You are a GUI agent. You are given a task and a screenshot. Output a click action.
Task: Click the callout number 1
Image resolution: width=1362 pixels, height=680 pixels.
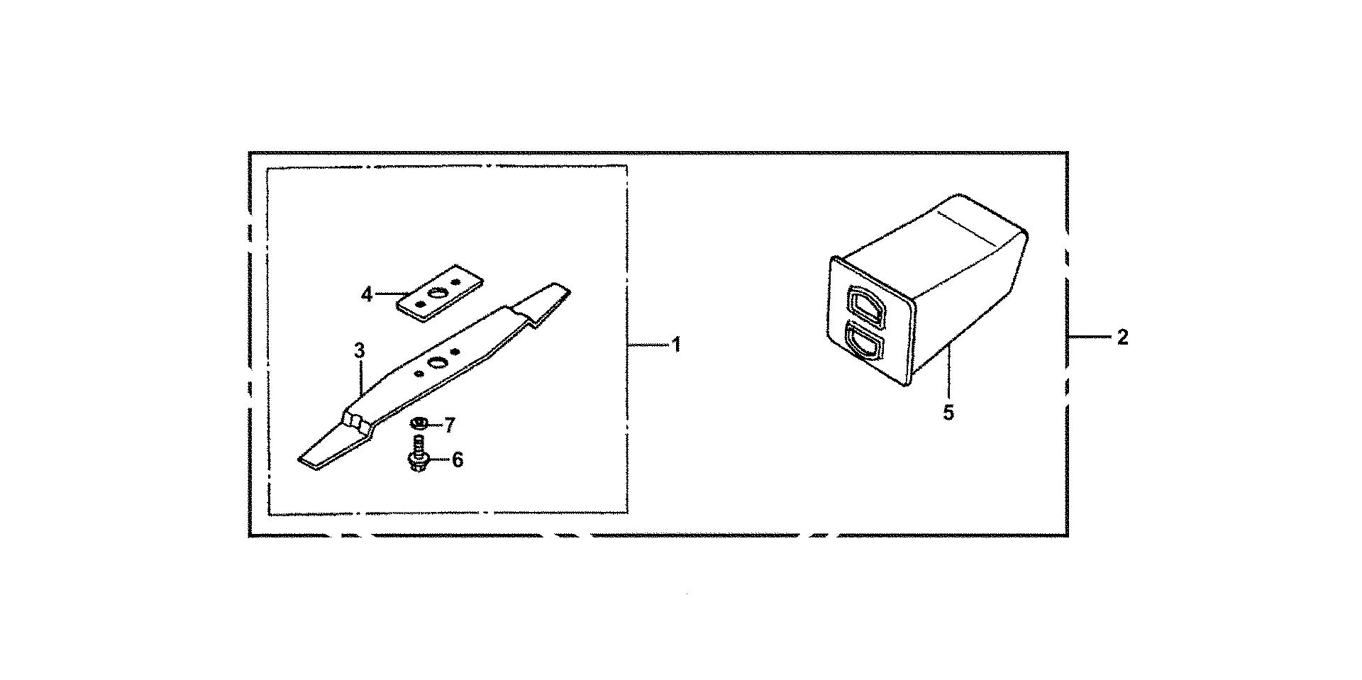[676, 345]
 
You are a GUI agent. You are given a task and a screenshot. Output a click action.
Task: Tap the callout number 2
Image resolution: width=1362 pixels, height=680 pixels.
[1122, 338]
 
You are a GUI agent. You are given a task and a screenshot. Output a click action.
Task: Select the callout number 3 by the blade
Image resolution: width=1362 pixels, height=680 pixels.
[359, 350]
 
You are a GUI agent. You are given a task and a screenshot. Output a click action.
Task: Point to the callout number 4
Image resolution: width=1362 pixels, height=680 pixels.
[366, 294]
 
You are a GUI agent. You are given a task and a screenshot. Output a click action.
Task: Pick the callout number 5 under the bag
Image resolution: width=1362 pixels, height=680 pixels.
[948, 412]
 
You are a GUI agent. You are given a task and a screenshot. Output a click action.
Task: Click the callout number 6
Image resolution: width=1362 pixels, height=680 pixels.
[458, 460]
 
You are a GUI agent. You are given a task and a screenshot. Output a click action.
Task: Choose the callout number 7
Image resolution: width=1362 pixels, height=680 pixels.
[449, 425]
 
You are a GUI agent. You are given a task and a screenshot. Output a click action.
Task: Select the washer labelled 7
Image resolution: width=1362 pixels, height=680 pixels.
[419, 423]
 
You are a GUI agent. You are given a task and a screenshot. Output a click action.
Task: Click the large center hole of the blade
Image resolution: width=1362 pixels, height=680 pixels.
[434, 363]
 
